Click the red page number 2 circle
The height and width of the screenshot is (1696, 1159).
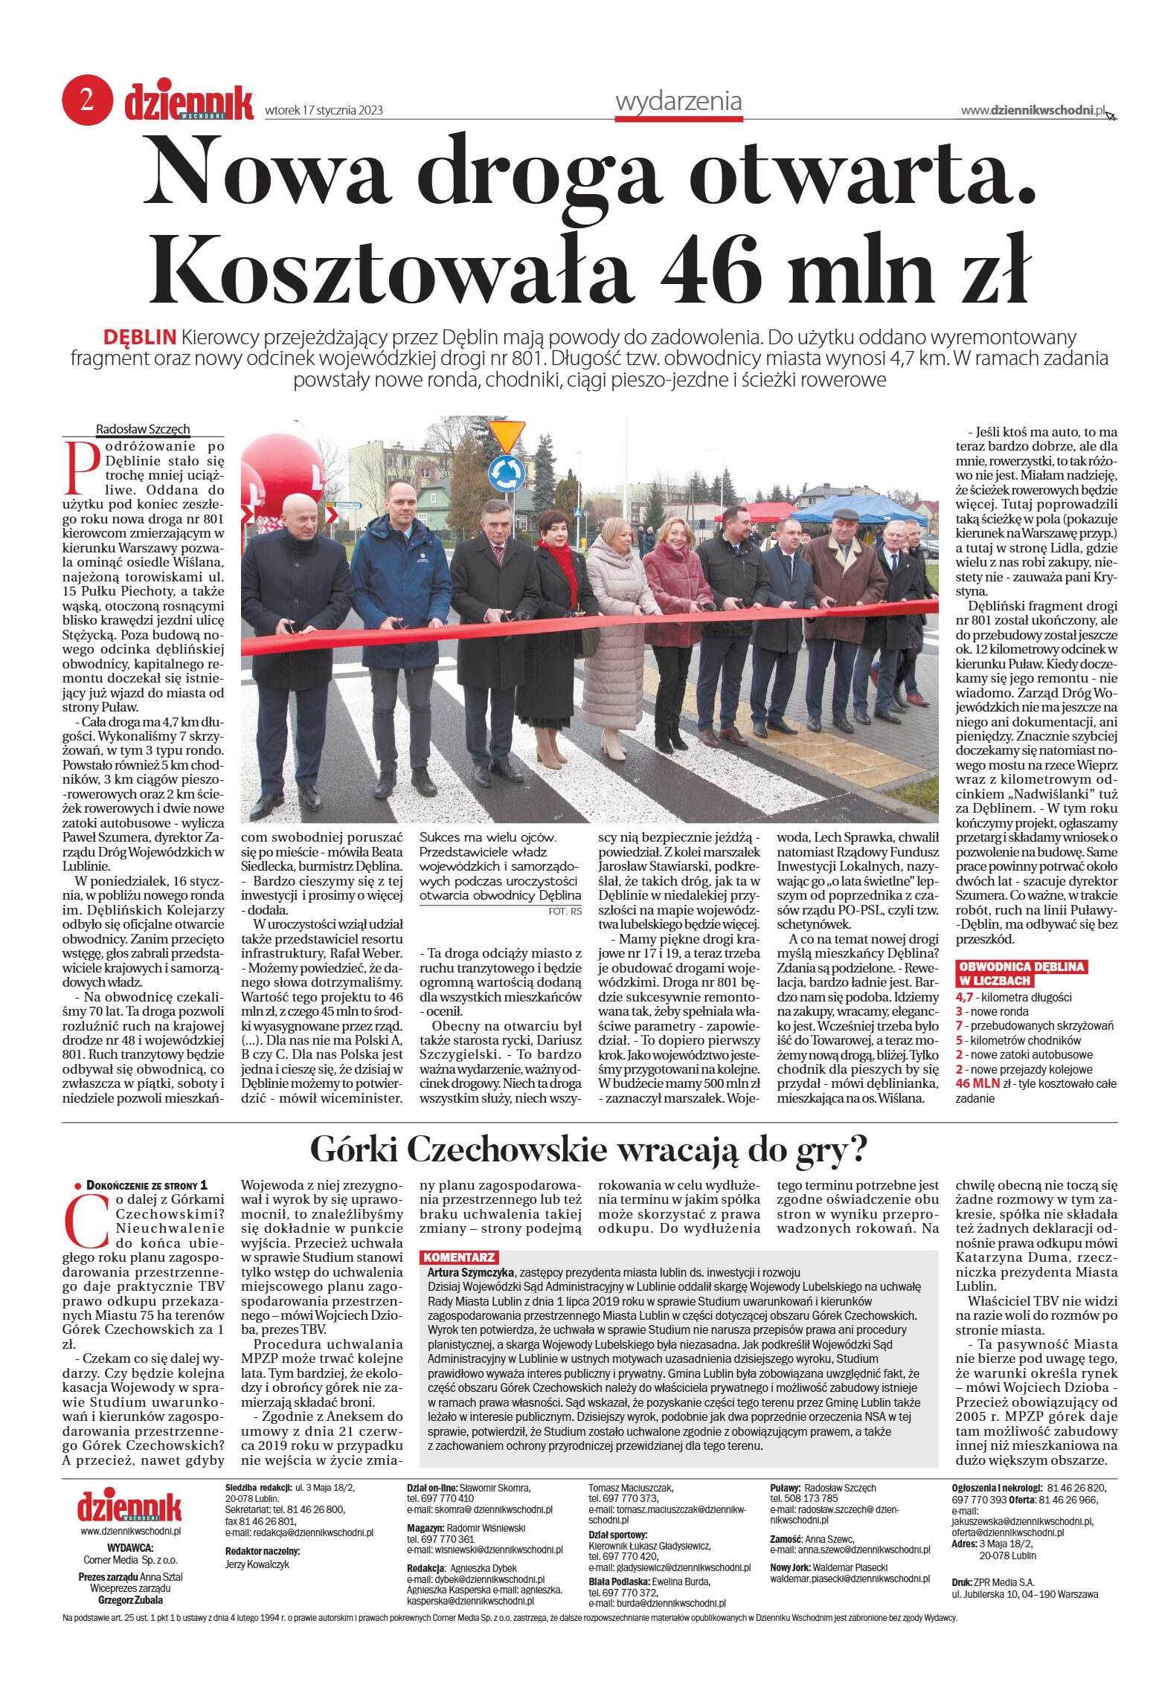pos(87,100)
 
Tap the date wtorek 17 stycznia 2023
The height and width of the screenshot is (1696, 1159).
pos(324,111)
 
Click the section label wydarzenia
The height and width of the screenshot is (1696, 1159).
pos(678,101)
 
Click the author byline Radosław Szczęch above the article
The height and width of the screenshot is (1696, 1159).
pos(143,429)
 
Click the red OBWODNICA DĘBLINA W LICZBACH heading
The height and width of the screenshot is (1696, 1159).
pos(1021,973)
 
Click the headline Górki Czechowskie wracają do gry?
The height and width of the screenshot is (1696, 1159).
pos(588,1150)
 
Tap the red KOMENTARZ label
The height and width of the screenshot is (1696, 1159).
pos(458,1257)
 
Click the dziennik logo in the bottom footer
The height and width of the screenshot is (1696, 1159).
pos(129,1506)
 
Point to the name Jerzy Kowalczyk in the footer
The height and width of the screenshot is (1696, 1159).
pos(257,1564)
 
